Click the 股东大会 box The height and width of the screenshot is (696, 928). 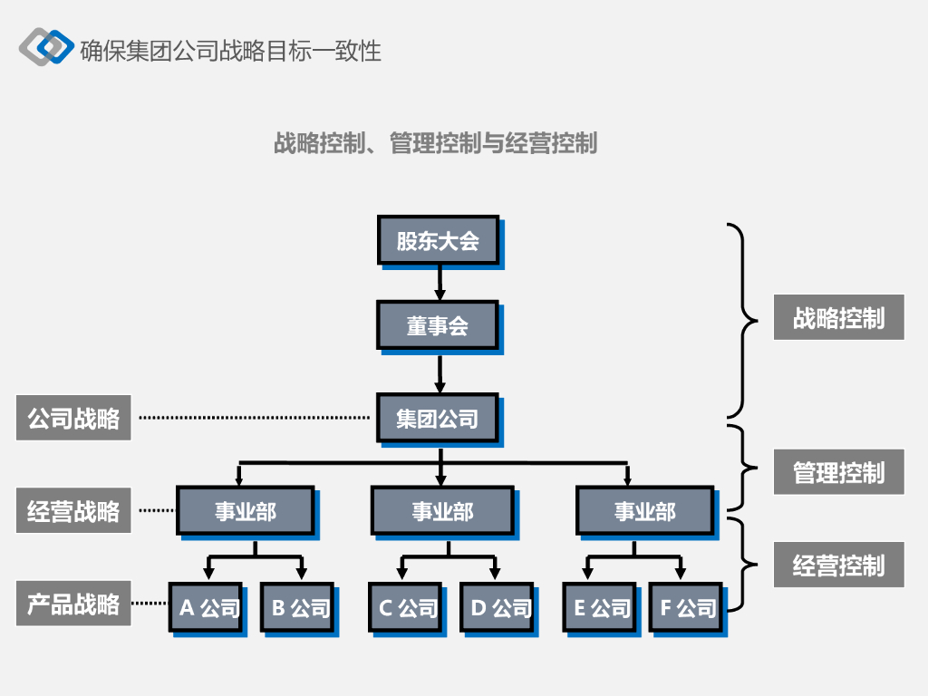click(438, 240)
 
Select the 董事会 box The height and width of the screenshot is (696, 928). click(438, 324)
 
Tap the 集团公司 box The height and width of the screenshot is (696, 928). click(438, 418)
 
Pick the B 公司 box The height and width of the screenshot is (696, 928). click(297, 607)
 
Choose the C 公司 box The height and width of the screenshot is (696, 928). click(405, 607)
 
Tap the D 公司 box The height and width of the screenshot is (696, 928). click(498, 607)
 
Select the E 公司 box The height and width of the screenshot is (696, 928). click(601, 607)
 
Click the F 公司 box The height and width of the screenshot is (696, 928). click(686, 607)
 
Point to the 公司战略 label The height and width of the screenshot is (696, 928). click(73, 418)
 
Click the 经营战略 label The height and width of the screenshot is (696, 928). click(73, 511)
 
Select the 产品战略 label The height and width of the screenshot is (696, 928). click(73, 604)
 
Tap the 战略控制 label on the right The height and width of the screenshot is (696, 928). click(838, 317)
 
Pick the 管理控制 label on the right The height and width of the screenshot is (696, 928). click(838, 472)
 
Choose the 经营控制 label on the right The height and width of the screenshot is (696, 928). click(838, 565)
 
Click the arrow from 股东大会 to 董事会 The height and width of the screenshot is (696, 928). click(440, 282)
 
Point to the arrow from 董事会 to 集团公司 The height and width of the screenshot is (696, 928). click(440, 372)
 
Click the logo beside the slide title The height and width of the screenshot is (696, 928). click(46, 47)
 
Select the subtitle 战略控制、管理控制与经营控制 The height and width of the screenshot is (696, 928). click(435, 143)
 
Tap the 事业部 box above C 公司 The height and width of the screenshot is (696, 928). click(442, 511)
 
